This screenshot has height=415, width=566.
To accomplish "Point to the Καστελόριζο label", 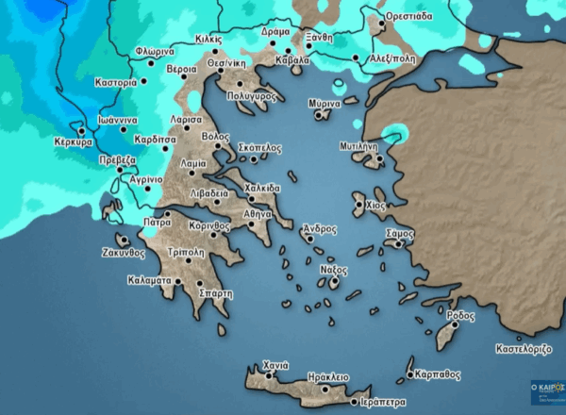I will (524, 349).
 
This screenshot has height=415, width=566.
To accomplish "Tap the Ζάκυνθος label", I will (124, 253).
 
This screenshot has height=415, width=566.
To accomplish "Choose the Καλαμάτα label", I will (149, 280).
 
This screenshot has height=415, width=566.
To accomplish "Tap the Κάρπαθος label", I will (437, 373).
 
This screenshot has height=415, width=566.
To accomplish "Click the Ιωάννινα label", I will (118, 121).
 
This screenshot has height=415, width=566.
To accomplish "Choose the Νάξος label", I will (335, 270).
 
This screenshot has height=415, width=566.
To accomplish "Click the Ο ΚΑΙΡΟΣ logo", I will (548, 389).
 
